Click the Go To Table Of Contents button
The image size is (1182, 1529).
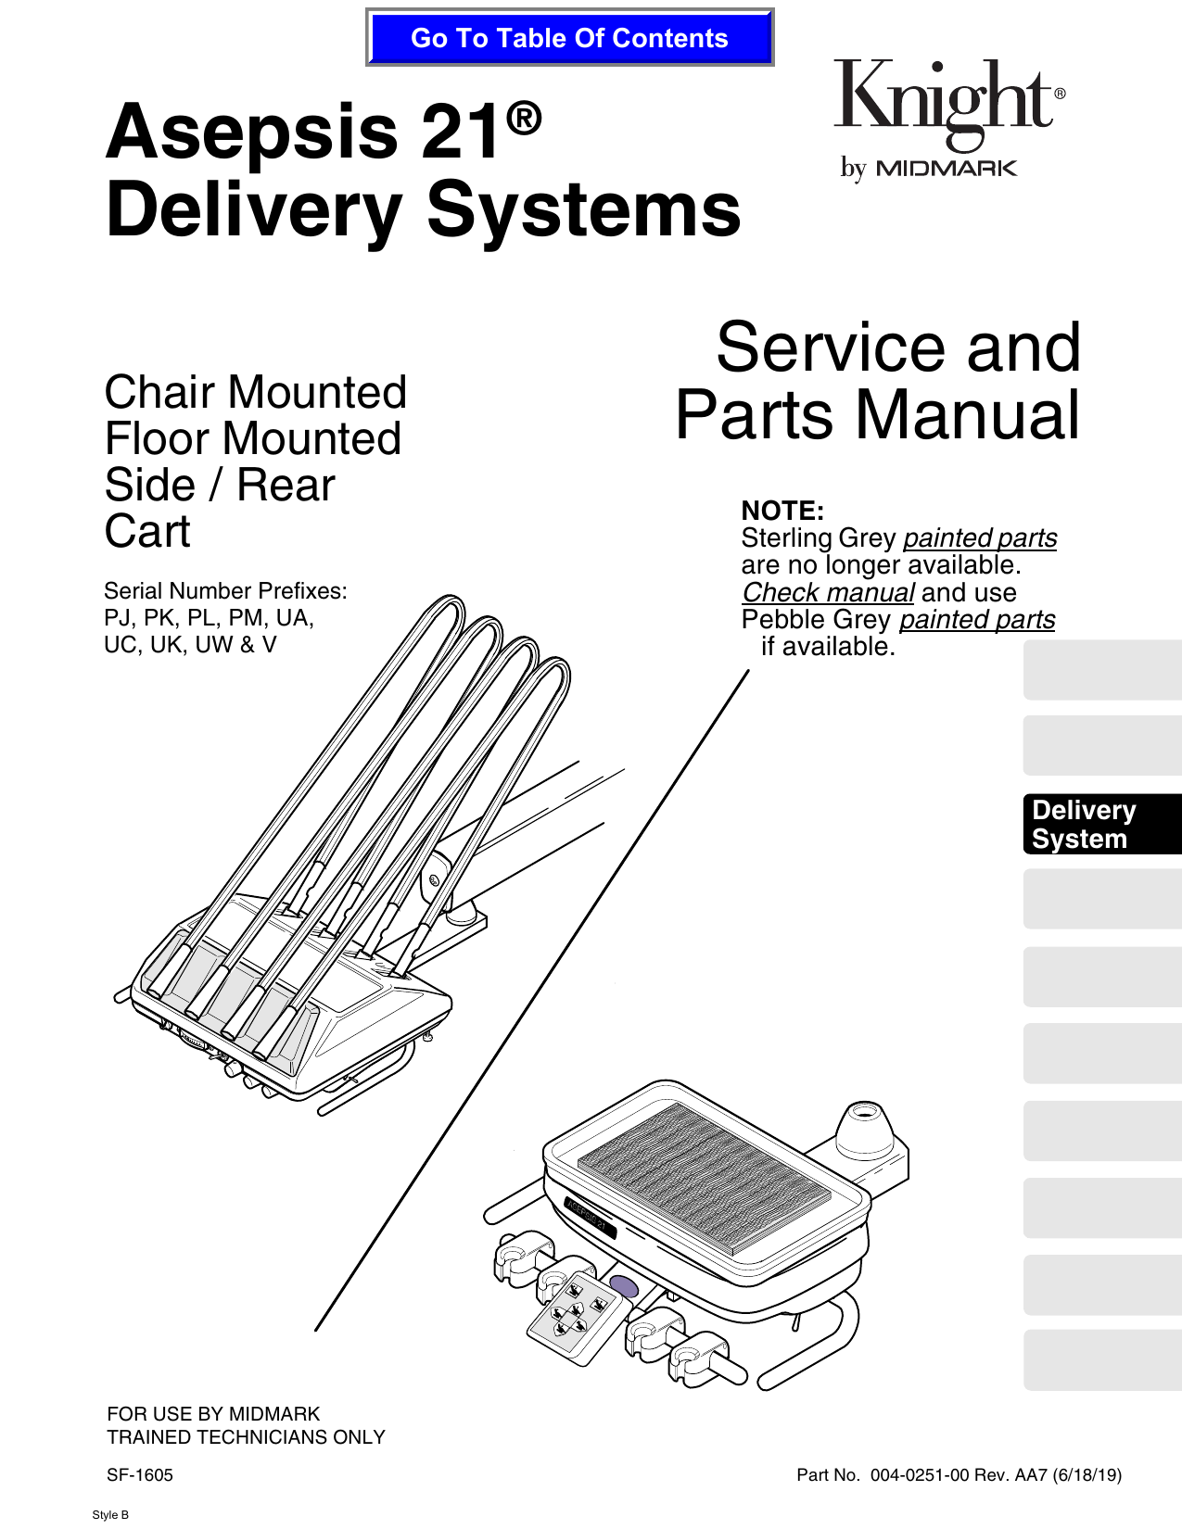[x=569, y=38]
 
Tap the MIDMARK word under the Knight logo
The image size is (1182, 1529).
[x=946, y=169]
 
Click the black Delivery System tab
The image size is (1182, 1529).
[x=1101, y=824]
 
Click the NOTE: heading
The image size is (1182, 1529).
[x=782, y=511]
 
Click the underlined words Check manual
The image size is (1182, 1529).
[x=828, y=592]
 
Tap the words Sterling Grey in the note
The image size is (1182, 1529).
[x=818, y=538]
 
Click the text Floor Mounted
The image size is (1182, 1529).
[x=252, y=438]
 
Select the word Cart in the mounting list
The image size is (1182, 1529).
[x=147, y=531]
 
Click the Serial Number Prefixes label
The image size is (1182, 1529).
[x=225, y=591]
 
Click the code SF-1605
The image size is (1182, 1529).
[x=140, y=1475]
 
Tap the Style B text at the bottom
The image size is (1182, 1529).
[x=110, y=1515]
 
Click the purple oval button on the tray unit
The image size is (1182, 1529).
[x=624, y=1286]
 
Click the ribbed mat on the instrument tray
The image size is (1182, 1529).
[x=705, y=1177]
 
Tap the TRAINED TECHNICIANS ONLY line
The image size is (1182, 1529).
[x=246, y=1437]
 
